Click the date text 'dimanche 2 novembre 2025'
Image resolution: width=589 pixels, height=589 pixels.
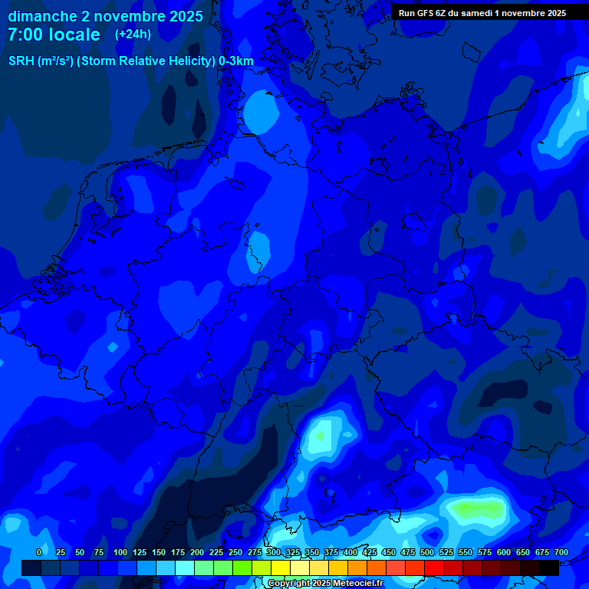click(105, 16)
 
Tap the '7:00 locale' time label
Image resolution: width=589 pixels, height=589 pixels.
click(54, 35)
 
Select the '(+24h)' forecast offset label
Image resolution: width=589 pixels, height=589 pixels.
click(133, 34)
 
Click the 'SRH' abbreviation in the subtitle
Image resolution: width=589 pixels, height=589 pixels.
click(21, 61)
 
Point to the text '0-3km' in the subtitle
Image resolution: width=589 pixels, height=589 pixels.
click(236, 61)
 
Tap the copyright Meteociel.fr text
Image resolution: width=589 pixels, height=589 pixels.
click(325, 584)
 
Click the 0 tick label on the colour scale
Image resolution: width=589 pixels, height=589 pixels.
click(39, 553)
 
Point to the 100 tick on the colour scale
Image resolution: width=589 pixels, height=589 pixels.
click(120, 553)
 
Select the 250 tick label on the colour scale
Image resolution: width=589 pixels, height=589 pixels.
click(235, 553)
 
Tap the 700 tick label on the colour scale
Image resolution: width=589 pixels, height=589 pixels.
click(561, 553)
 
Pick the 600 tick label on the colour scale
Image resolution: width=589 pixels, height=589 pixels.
click(504, 553)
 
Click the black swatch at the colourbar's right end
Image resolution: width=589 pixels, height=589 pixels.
click(549, 568)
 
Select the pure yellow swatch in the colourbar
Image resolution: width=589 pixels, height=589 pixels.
click(281, 568)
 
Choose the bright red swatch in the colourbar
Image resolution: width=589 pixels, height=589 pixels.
click(434, 568)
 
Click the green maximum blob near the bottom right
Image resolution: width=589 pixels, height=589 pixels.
click(477, 508)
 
